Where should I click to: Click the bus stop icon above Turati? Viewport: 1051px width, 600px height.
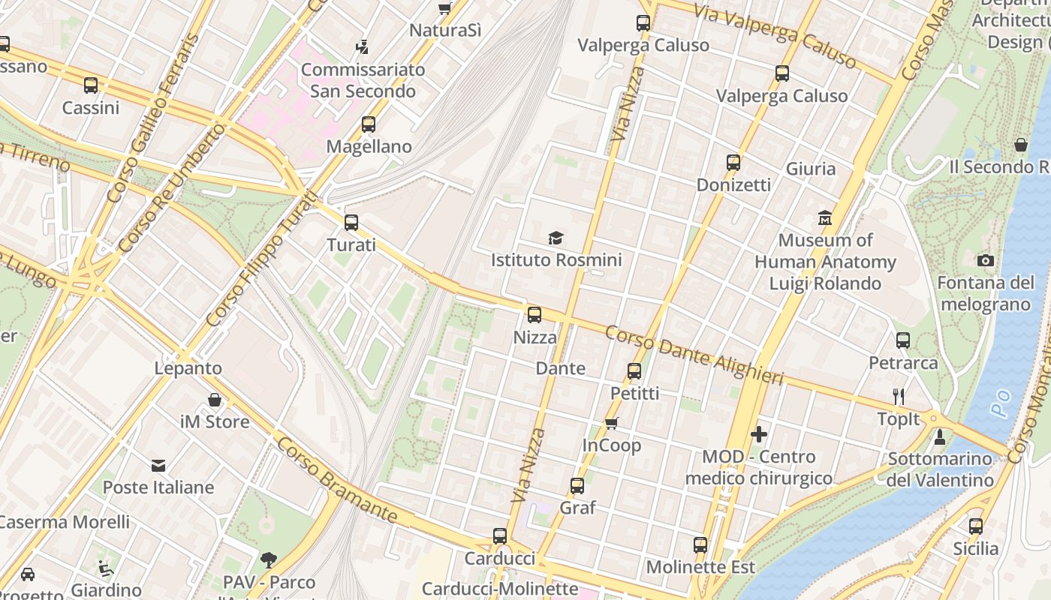pyautogui.click(x=351, y=223)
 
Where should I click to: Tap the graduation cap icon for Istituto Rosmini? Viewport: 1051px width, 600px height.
pyautogui.click(x=556, y=238)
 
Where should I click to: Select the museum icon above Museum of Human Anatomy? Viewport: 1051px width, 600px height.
pyautogui.click(x=825, y=218)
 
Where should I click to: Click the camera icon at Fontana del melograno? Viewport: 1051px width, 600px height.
pyautogui.click(x=986, y=260)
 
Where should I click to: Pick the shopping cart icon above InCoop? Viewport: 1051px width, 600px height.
pyautogui.click(x=612, y=424)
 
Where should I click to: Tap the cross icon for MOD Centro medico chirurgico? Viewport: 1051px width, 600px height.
pyautogui.click(x=759, y=434)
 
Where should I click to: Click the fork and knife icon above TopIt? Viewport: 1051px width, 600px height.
pyautogui.click(x=899, y=397)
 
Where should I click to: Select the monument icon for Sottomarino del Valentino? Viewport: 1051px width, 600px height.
pyautogui.click(x=939, y=436)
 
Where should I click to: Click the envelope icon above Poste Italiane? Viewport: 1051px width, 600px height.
pyautogui.click(x=158, y=466)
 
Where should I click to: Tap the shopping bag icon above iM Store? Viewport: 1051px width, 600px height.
pyautogui.click(x=215, y=400)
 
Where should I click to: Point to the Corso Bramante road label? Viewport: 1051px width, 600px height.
pyautogui.click(x=336, y=480)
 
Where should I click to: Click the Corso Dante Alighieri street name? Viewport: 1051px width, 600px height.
pyautogui.click(x=694, y=355)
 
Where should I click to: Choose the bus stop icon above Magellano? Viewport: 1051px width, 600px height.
pyautogui.click(x=369, y=124)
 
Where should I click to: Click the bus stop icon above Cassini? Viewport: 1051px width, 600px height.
pyautogui.click(x=91, y=85)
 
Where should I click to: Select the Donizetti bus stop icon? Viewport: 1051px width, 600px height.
pyautogui.click(x=733, y=163)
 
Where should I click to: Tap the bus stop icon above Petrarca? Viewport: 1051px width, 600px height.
pyautogui.click(x=903, y=340)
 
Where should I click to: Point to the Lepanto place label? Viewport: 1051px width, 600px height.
pyautogui.click(x=188, y=368)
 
